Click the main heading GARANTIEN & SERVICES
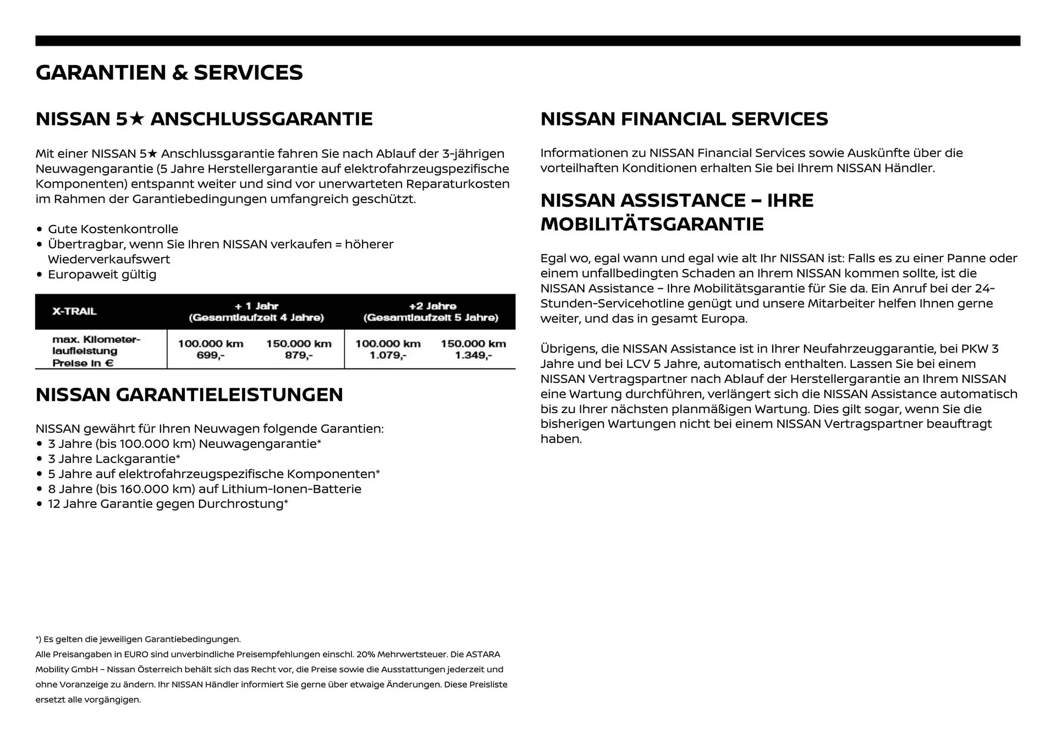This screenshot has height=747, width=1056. click(x=169, y=73)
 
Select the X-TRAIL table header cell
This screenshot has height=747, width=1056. click(x=74, y=311)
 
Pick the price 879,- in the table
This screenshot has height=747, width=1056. click(x=299, y=355)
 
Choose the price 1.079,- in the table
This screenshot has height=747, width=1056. click(x=388, y=355)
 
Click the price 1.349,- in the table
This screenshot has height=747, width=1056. click(x=473, y=355)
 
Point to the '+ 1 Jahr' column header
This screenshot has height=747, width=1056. click(x=256, y=306)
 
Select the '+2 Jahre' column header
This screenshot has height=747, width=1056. click(x=432, y=306)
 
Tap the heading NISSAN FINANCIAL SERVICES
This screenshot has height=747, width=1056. click(x=684, y=119)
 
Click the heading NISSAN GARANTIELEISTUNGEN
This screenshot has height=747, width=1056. click(x=189, y=394)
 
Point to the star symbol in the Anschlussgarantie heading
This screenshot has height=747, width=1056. click(x=137, y=119)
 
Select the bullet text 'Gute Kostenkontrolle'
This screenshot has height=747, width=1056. click(x=113, y=229)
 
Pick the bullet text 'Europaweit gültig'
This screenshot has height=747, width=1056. click(x=102, y=274)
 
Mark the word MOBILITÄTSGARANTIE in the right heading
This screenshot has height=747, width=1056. click(x=652, y=224)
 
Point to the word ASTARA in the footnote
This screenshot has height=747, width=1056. click(x=483, y=655)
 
